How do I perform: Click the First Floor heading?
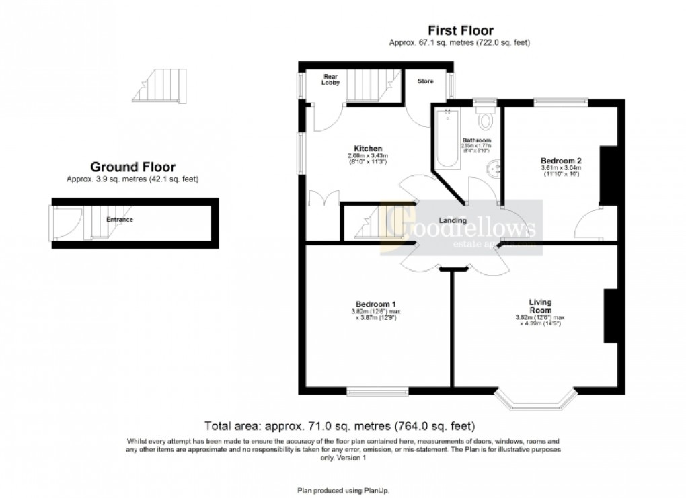(460, 30)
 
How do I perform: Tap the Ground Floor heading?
(132, 167)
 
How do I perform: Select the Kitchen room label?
(368, 148)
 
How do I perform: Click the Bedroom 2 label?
(560, 161)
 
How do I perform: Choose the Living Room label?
(540, 306)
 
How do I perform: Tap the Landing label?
(453, 220)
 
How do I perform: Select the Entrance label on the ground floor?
(119, 220)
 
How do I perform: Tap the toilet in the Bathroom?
(486, 120)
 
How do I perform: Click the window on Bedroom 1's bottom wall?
(377, 391)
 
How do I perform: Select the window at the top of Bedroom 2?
(560, 103)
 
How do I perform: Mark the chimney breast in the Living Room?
(610, 317)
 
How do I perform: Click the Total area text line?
(340, 426)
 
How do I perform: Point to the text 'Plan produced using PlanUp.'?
(343, 491)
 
